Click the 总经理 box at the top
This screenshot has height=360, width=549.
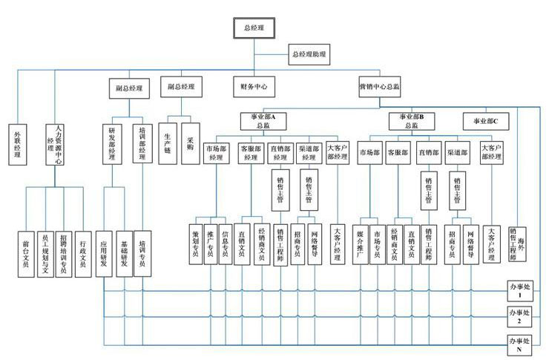254,27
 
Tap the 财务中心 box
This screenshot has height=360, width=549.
254,87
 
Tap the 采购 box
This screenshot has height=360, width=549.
190,144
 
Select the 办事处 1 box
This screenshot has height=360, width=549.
519,289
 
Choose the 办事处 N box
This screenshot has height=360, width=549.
519,342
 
